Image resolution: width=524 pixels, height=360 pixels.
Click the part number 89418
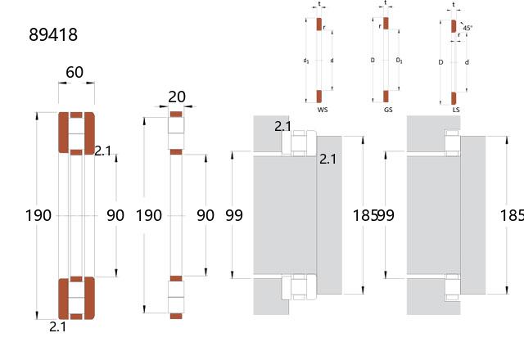pyautogui.click(x=53, y=34)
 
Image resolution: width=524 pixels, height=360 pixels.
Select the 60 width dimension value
pyautogui.click(x=75, y=72)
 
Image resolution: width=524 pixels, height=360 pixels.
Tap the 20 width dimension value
pyautogui.click(x=177, y=97)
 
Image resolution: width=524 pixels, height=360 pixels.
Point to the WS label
pyautogui.click(x=323, y=110)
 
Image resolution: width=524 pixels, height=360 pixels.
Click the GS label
pyautogui.click(x=388, y=110)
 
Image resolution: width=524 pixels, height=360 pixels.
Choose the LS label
pyautogui.click(x=456, y=110)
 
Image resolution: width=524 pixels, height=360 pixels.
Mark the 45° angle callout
pyautogui.click(x=468, y=28)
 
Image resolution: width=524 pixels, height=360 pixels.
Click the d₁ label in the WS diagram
pyautogui.click(x=305, y=61)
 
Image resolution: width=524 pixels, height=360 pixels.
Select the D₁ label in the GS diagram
pyautogui.click(x=399, y=61)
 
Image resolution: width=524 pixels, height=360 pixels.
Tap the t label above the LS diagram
pyautogui.click(x=454, y=5)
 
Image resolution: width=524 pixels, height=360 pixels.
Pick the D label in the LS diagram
pyautogui.click(x=440, y=62)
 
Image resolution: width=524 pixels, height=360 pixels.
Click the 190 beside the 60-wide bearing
pyautogui.click(x=38, y=215)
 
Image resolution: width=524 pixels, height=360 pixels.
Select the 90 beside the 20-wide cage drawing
pyautogui.click(x=206, y=215)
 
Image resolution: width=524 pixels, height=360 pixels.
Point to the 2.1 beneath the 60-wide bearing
pyautogui.click(x=57, y=327)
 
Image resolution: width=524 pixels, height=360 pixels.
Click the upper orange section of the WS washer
pyautogui.click(x=319, y=24)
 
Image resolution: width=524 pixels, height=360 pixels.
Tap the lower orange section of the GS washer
pyautogui.click(x=386, y=97)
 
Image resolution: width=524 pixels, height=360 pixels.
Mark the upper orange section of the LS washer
pyautogui.click(x=454, y=26)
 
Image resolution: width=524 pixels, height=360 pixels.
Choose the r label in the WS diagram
pyautogui.click(x=324, y=28)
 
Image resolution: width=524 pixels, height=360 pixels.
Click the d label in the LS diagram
pyautogui.click(x=467, y=62)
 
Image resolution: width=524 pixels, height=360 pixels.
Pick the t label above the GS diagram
pyautogui.click(x=386, y=2)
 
